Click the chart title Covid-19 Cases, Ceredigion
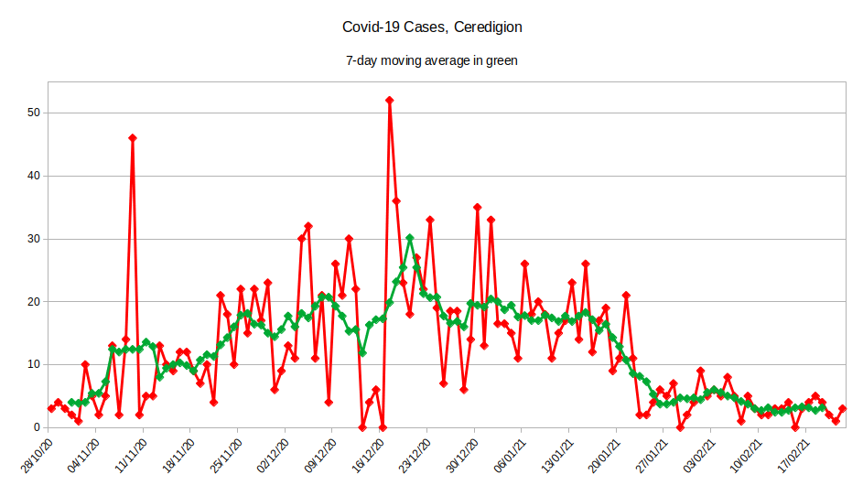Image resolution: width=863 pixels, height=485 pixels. (x=432, y=27)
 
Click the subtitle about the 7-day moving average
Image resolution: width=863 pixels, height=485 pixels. (x=432, y=60)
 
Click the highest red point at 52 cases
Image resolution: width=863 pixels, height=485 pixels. (x=390, y=100)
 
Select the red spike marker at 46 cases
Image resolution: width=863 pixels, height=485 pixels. (x=133, y=138)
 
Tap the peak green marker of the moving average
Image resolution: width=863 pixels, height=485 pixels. (x=410, y=238)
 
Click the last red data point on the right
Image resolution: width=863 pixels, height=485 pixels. (x=843, y=409)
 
